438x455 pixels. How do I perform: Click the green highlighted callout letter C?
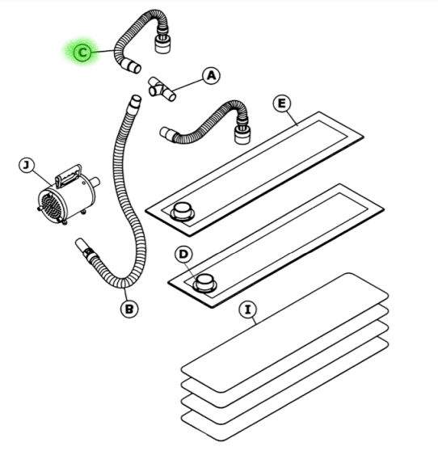tap(82, 53)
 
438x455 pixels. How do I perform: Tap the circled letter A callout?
tap(212, 76)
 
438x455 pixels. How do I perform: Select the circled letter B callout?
tap(129, 309)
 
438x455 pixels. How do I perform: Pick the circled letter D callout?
tap(183, 255)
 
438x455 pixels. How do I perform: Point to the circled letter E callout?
tap(282, 103)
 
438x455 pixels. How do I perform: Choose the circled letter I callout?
tap(247, 310)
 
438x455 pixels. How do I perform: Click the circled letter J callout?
tap(27, 166)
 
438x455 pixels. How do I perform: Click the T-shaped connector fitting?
tap(162, 90)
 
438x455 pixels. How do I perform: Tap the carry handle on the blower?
tap(68, 176)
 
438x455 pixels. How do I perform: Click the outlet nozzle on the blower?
tap(95, 182)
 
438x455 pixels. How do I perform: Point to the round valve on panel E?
tap(182, 212)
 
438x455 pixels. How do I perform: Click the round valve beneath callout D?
tap(204, 283)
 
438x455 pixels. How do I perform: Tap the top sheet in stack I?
tap(284, 333)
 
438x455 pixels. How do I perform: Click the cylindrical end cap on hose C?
tap(162, 44)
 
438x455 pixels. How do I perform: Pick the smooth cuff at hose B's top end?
tap(136, 103)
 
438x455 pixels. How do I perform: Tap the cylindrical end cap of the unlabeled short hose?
tap(242, 135)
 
